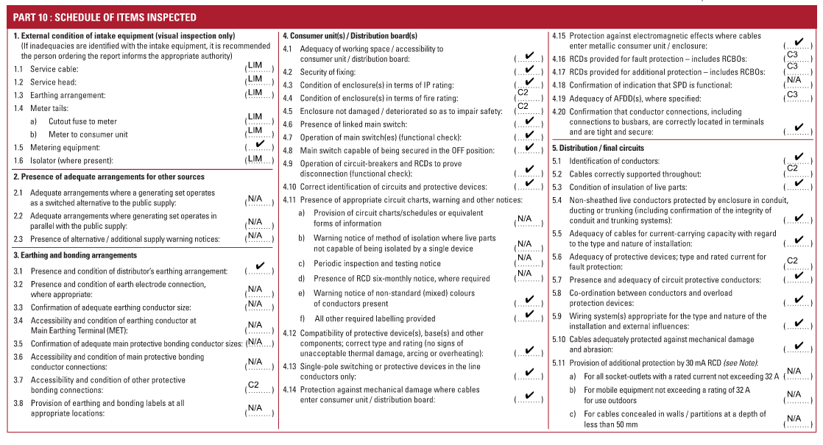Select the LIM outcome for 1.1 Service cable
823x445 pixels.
(255, 66)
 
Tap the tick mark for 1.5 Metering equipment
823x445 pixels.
(259, 145)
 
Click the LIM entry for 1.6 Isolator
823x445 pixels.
(255, 158)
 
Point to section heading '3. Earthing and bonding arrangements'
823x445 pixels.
(75, 255)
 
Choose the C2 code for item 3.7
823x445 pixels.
(255, 385)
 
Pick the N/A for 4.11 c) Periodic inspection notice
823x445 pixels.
(524, 257)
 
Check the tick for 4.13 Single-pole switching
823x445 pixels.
(529, 372)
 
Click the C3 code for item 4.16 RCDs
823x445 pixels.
(793, 54)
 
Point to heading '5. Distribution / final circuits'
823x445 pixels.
(598, 148)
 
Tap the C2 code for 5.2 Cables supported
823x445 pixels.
(793, 168)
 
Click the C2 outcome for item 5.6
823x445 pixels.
(793, 261)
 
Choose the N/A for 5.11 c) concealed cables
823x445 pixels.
(794, 419)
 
